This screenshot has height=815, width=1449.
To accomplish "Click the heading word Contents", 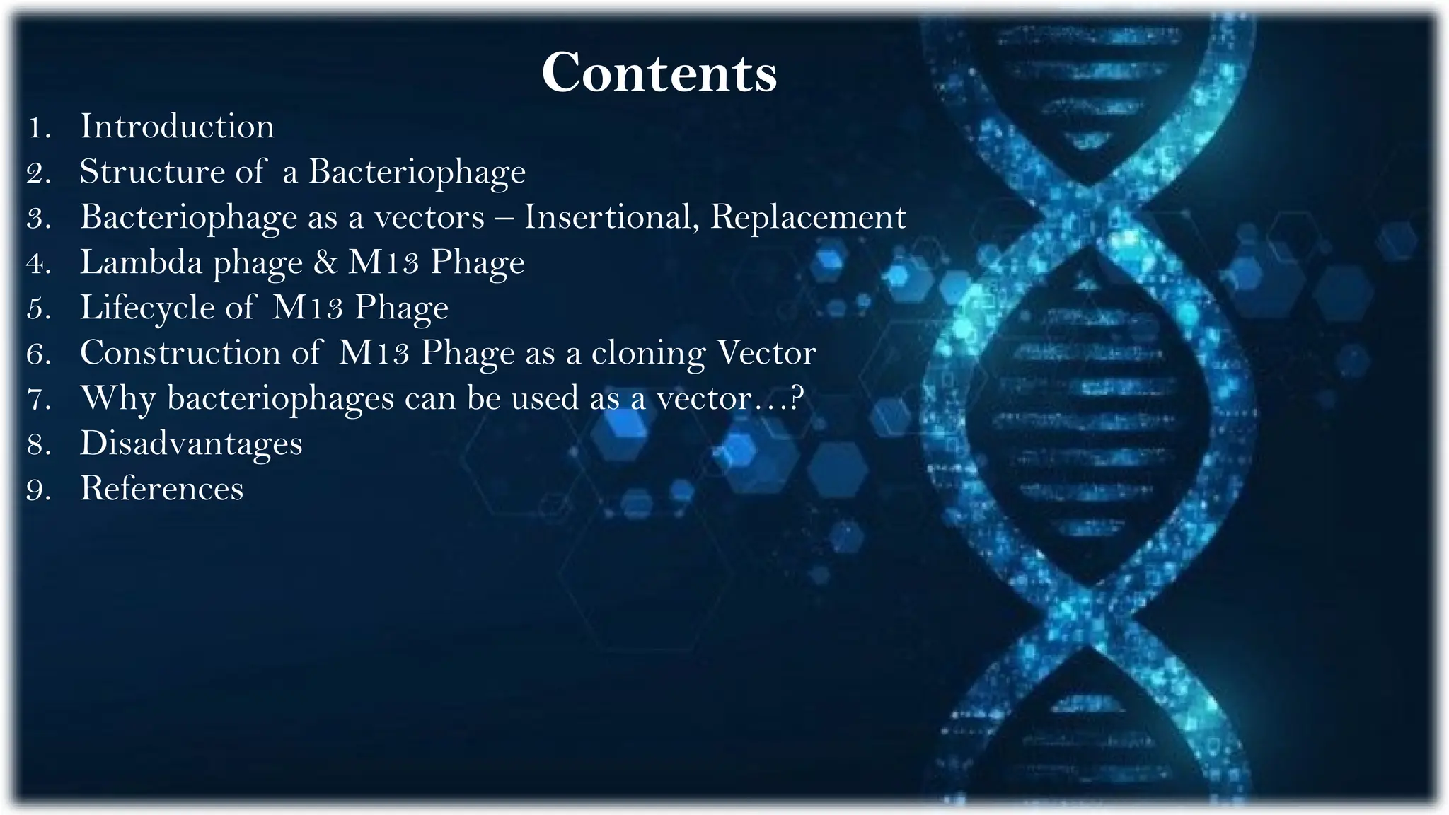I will pyautogui.click(x=659, y=72).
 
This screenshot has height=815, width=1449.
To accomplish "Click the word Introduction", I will pyautogui.click(x=177, y=127).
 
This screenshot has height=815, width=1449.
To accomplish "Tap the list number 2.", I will pyautogui.click(x=37, y=173).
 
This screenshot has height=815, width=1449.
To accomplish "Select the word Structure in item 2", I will pyautogui.click(x=151, y=172).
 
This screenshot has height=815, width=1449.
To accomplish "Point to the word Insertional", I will pyautogui.click(x=611, y=217).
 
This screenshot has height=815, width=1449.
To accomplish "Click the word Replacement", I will pyautogui.click(x=808, y=217).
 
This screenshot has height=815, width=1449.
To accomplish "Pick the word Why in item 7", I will pyautogui.click(x=117, y=398).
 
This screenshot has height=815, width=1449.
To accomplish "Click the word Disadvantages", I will pyautogui.click(x=191, y=444).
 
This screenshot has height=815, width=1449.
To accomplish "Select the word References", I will pyautogui.click(x=161, y=489).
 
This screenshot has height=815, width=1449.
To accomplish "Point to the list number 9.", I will pyautogui.click(x=37, y=490).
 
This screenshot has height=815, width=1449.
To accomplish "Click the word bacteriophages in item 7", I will pyautogui.click(x=280, y=398).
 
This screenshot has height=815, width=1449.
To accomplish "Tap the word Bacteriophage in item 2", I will pyautogui.click(x=417, y=172).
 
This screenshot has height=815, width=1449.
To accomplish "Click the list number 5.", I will pyautogui.click(x=37, y=309).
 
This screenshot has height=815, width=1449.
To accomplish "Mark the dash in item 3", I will pyautogui.click(x=504, y=218).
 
